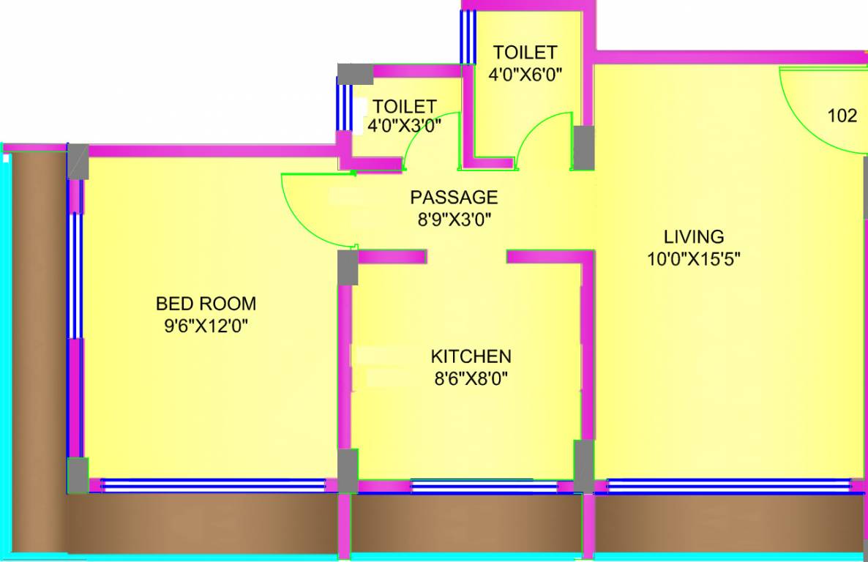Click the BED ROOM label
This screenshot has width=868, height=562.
[x=206, y=303]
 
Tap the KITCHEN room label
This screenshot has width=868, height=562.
[x=471, y=356]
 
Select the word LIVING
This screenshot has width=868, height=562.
[x=693, y=237]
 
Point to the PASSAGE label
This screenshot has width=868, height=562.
[x=454, y=198]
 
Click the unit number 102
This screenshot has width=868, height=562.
[x=842, y=116]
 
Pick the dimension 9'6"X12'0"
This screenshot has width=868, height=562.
[x=206, y=326]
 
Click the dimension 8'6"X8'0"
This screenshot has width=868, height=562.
[x=471, y=378]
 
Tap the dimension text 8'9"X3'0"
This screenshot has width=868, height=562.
[x=454, y=219]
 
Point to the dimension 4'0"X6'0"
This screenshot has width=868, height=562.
[x=525, y=74]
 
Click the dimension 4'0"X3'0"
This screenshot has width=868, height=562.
[x=404, y=126]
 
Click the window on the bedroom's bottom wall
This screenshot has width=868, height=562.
[x=212, y=485]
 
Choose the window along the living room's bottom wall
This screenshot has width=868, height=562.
[x=728, y=485]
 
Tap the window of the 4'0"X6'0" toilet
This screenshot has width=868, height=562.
[x=464, y=37]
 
